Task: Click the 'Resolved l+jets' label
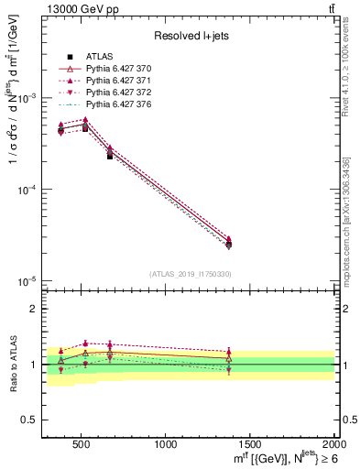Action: point(190,36)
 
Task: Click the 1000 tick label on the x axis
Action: point(166,445)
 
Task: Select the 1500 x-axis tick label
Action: point(250,445)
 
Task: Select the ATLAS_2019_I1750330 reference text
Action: point(190,274)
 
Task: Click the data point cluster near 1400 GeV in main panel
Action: point(229,242)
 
